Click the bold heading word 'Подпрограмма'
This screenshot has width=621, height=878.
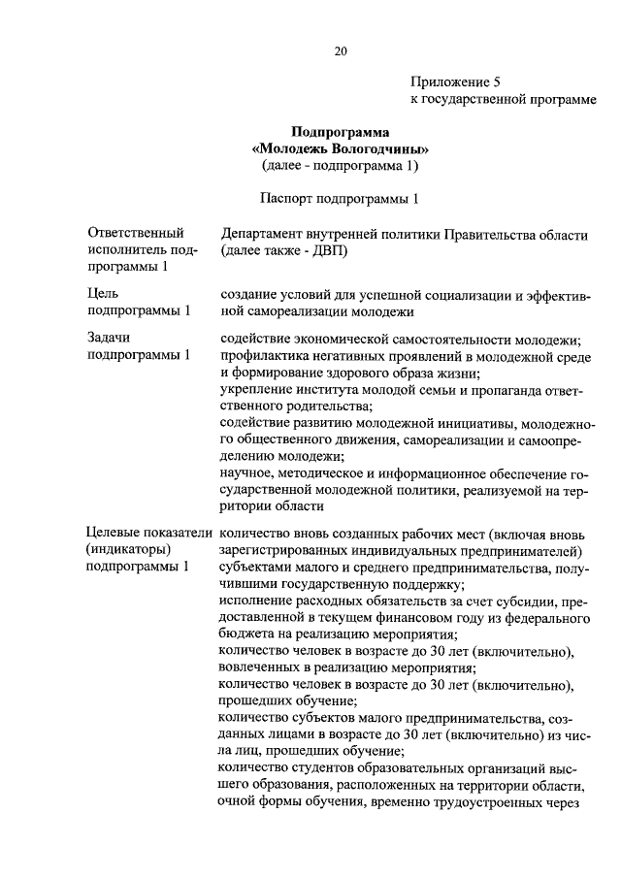(x=340, y=132)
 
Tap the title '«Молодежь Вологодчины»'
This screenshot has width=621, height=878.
(x=340, y=149)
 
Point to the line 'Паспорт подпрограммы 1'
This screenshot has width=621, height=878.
(x=340, y=199)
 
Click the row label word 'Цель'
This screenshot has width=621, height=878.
(x=104, y=291)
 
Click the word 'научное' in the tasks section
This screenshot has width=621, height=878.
(x=245, y=473)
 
